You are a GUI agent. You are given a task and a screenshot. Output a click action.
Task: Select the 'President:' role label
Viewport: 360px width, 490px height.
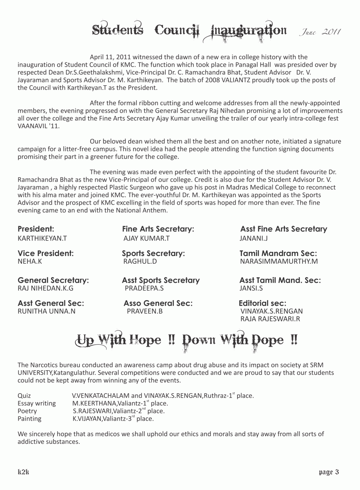coord(36,229)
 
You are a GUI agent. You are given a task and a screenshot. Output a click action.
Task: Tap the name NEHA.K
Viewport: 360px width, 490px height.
coord(30,261)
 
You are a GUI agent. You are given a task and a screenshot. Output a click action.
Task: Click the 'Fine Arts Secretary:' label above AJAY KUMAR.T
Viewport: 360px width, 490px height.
coord(158,229)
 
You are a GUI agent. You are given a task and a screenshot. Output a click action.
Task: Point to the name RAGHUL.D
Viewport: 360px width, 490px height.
coord(140,261)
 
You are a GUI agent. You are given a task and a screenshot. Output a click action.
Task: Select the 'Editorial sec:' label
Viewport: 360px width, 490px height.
coord(262,303)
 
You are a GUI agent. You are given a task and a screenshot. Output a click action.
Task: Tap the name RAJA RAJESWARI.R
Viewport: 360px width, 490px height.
coord(270,319)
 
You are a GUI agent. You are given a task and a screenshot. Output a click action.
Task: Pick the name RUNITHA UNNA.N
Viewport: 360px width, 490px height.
coord(47,311)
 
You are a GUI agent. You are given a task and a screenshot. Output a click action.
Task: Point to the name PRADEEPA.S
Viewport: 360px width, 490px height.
coord(144,288)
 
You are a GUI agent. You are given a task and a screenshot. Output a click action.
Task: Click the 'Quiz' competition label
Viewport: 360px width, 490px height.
coord(24,396)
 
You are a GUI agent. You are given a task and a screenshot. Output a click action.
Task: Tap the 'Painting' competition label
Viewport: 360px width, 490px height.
coord(29,419)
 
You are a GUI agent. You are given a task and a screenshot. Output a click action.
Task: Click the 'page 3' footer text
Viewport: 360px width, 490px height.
coord(329,472)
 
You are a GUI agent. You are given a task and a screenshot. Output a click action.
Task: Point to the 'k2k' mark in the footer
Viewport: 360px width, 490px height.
coord(24,472)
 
